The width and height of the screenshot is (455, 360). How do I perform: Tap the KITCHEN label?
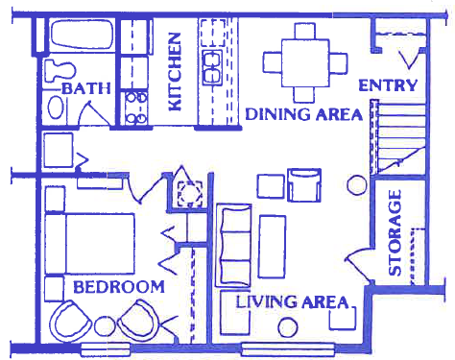tap(176, 72)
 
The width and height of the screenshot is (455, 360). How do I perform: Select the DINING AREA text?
tap(302, 114)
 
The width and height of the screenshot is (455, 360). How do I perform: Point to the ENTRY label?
tap(388, 86)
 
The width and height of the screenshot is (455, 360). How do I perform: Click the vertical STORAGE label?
tap(394, 234)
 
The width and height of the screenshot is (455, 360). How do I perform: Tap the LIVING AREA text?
tap(292, 302)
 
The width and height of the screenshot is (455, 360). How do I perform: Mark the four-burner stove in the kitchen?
tap(135, 105)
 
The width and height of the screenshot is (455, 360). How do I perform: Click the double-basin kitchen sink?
tap(210, 65)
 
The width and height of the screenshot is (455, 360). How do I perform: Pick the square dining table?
tap(304, 61)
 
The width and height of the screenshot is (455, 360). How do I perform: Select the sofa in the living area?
tap(234, 246)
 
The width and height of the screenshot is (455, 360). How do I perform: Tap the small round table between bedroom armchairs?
tap(106, 327)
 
